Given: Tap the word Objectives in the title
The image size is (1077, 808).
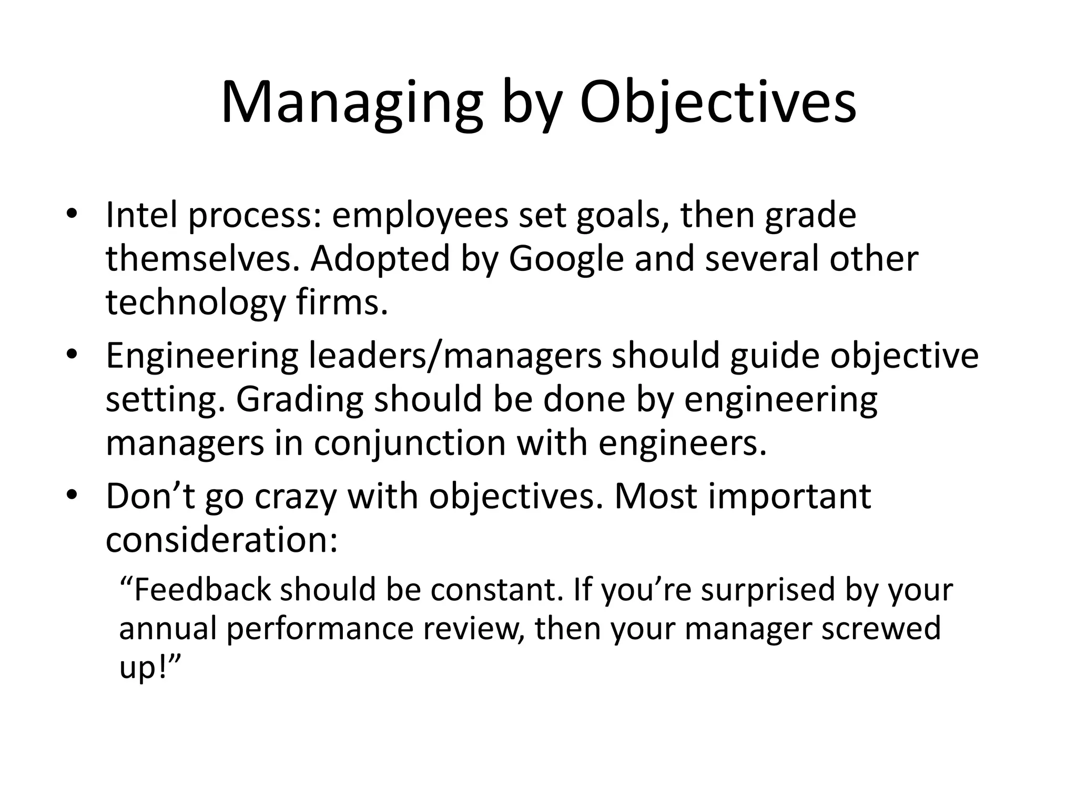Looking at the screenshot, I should (717, 103).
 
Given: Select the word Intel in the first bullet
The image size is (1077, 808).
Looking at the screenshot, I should (141, 215).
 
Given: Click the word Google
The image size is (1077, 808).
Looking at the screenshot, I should (566, 259).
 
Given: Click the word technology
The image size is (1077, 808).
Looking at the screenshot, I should (195, 304).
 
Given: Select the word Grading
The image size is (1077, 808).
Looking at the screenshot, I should (299, 400).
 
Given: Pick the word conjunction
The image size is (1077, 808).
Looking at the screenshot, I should (410, 443).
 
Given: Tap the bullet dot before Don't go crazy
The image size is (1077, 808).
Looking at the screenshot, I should (72, 496).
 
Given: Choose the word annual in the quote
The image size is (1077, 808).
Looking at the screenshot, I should (168, 629).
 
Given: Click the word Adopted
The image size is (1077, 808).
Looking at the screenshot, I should (380, 259).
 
